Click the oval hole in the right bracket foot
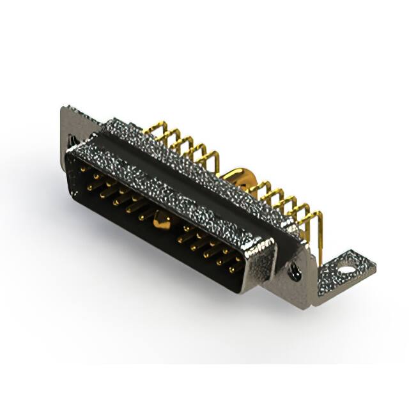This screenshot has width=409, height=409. point(346,269)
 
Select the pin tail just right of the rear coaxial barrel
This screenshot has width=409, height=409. point(259,187)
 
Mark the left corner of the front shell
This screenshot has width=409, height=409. point(73,153)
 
